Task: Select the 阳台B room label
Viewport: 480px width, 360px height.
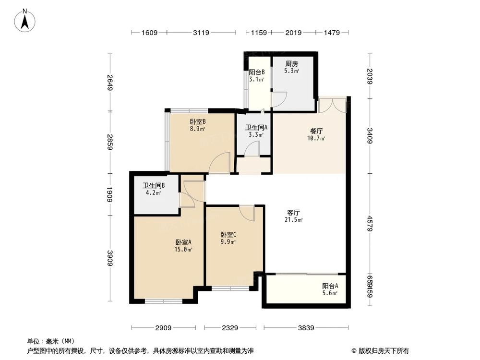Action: (257, 72)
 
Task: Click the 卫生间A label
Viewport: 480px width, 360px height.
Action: (256, 128)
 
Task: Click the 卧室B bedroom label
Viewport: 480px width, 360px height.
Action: (198, 122)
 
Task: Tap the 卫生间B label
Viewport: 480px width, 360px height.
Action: (154, 186)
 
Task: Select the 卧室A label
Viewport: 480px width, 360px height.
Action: (183, 242)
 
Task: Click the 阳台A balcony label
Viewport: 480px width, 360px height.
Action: (330, 286)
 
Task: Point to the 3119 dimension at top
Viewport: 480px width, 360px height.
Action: (201, 33)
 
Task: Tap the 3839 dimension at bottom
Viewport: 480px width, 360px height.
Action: (306, 328)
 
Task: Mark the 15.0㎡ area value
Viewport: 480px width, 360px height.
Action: (183, 250)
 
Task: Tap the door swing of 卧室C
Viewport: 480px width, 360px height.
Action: (247, 213)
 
